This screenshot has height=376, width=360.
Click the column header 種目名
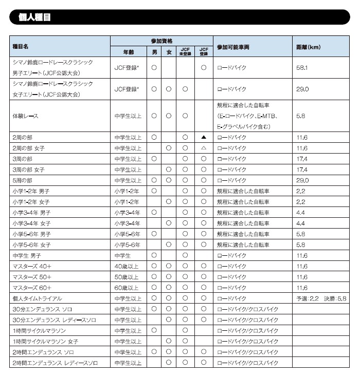(x=20, y=46)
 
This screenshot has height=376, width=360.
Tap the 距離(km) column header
(x=309, y=46)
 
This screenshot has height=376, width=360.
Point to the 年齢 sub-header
(x=128, y=52)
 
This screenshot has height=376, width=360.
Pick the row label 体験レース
(x=25, y=116)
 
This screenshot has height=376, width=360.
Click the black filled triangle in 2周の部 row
(x=204, y=137)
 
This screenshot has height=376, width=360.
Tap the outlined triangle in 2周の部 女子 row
(x=204, y=148)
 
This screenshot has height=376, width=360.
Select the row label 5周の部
(x=22, y=180)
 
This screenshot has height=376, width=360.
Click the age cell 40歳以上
(x=127, y=266)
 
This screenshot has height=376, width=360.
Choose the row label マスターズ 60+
(x=31, y=288)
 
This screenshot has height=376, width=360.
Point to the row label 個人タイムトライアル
(x=37, y=298)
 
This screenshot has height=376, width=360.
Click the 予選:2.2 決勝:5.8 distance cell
(x=321, y=298)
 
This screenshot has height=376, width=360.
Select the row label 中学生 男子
(x=27, y=255)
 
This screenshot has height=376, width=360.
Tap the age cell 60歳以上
(x=127, y=288)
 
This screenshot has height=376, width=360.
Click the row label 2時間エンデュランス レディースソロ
(x=54, y=363)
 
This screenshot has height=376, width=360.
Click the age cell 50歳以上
(x=127, y=277)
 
